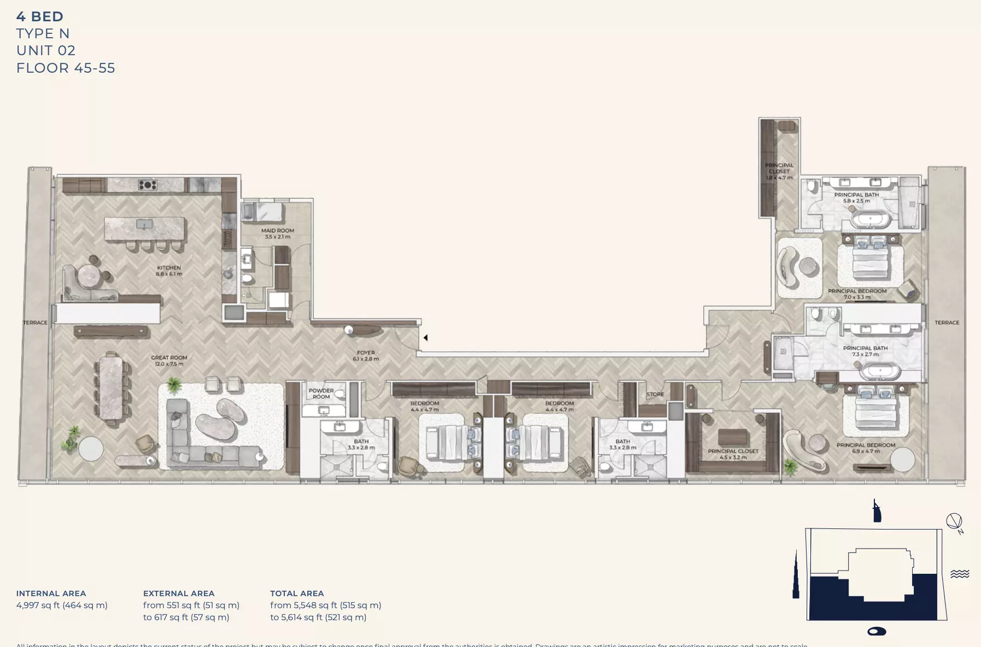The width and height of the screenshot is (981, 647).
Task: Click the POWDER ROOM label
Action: [321, 393]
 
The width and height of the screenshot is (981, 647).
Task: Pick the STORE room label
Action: [655, 394]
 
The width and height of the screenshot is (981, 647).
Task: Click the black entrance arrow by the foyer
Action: [425, 338]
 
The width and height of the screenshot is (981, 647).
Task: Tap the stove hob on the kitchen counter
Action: [148, 185]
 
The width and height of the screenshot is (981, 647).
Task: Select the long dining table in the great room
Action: [111, 387]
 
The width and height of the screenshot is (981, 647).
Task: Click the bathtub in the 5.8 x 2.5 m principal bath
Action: [871, 220]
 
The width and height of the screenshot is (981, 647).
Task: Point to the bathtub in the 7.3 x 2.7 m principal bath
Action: [880, 372]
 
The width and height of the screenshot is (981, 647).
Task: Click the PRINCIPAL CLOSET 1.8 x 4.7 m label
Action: [779, 171]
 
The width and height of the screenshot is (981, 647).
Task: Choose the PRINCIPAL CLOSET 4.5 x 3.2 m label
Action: [733, 454]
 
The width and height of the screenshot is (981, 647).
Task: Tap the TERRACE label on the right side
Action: [947, 322]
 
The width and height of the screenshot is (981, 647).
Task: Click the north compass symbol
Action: [954, 521]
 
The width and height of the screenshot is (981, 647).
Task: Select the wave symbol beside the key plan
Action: [960, 573]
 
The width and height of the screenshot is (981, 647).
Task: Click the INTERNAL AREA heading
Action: [51, 593]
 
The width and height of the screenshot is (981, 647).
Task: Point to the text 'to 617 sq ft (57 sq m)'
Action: [186, 617]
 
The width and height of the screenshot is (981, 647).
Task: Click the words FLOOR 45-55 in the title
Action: [66, 68]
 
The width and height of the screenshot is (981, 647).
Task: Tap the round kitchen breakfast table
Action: [90, 275]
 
